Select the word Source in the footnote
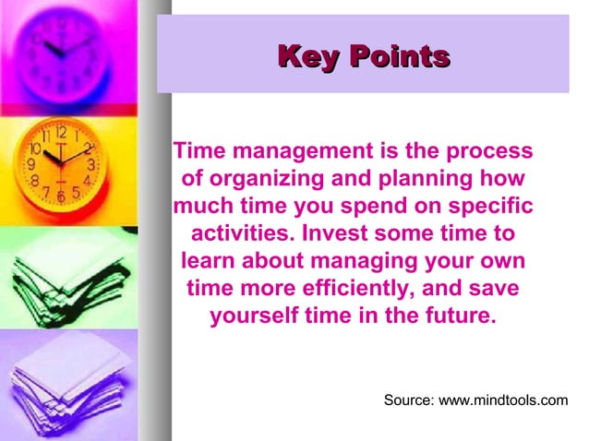click(x=409, y=400)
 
